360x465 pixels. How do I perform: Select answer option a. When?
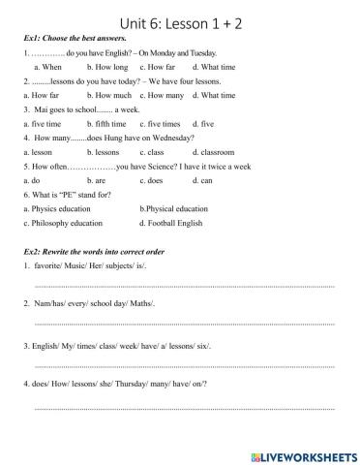pos(47,67)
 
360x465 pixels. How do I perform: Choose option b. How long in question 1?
pos(107,67)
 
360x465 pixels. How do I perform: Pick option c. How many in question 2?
pos(162,96)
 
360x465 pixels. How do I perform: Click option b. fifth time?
pos(106,124)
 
